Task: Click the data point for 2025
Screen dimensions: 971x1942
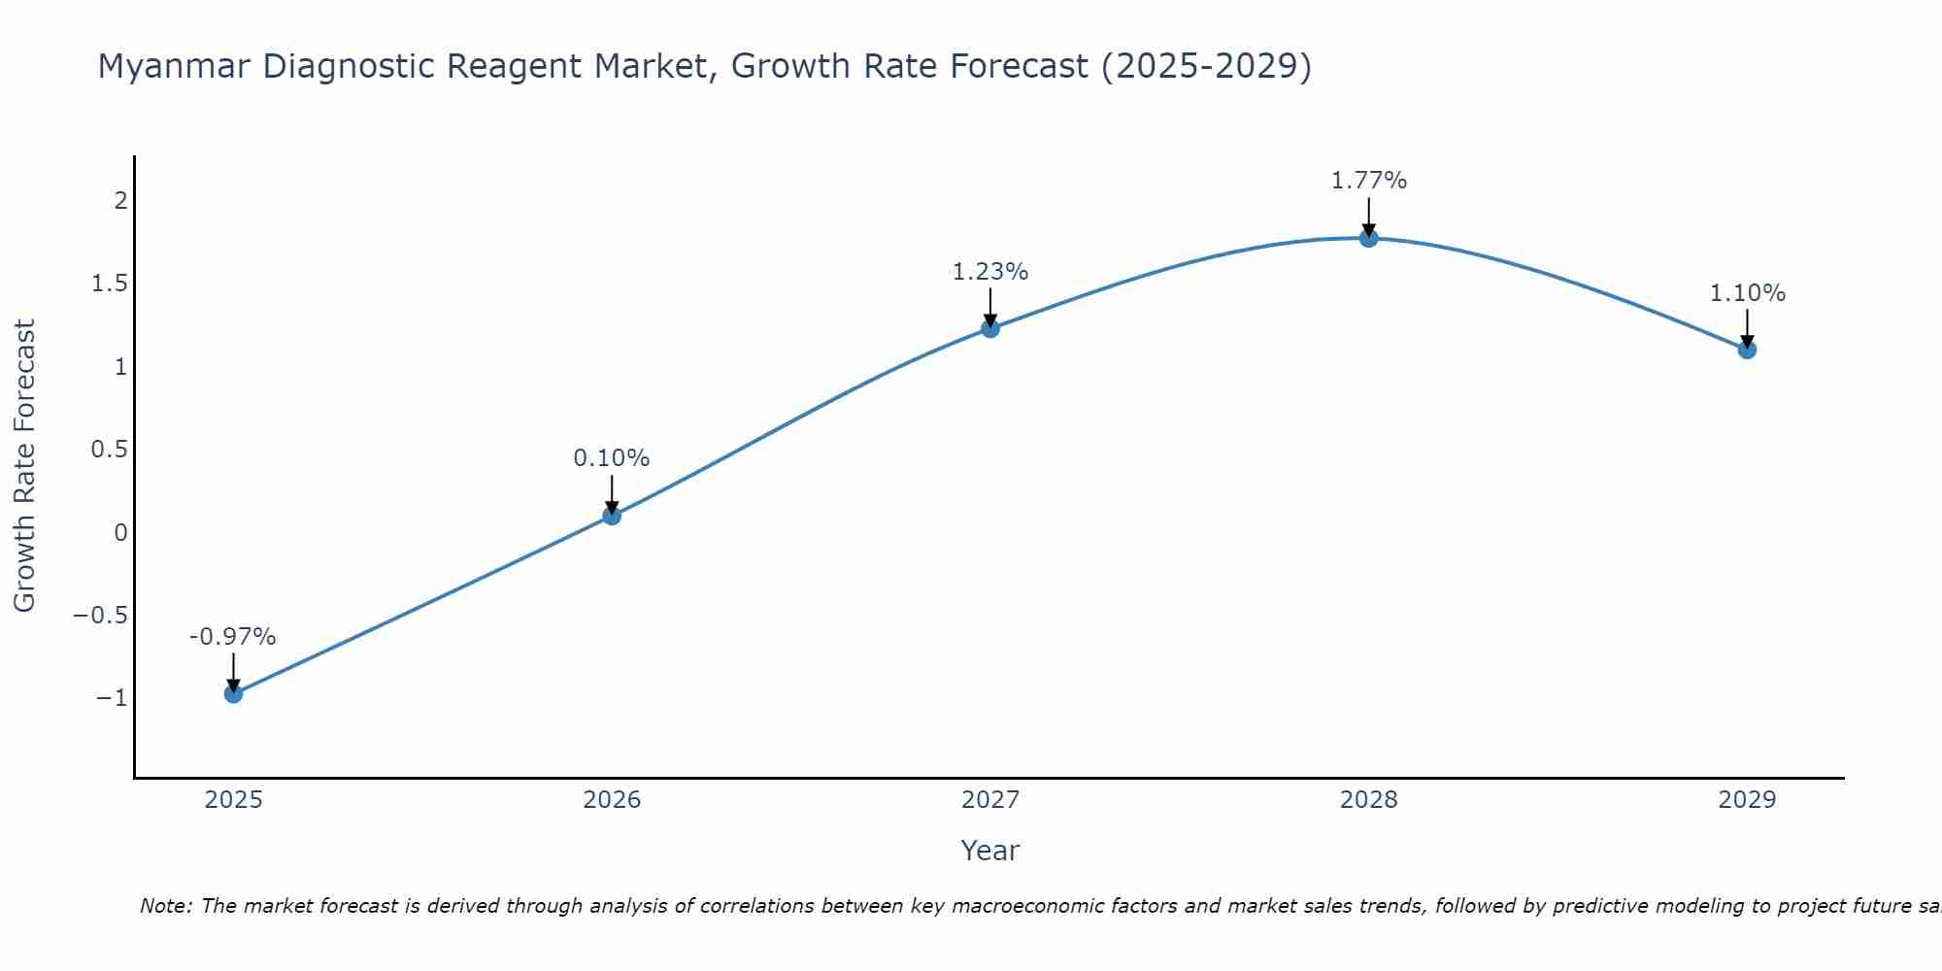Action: click(233, 693)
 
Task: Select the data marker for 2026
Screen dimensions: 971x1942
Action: click(612, 516)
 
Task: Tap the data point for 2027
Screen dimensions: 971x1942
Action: click(990, 328)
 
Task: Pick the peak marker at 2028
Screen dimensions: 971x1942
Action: click(1369, 238)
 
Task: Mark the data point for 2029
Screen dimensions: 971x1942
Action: click(1747, 350)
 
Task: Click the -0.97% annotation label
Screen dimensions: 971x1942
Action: click(233, 637)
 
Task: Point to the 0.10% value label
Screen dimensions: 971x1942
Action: click(612, 458)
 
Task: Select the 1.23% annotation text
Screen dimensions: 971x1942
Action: click(990, 272)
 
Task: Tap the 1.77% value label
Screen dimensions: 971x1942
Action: click(1369, 181)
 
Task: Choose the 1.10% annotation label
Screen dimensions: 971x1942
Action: click(1747, 293)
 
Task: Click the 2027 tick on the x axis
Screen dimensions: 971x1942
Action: click(990, 800)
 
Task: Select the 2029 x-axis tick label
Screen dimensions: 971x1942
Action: click(1747, 800)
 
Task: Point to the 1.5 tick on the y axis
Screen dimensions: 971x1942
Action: click(110, 284)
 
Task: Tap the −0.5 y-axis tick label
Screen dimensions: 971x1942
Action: click(101, 616)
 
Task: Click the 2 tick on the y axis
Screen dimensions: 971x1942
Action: click(121, 201)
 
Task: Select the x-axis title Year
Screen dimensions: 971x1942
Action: click(990, 852)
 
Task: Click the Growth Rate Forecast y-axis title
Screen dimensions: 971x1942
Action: click(25, 466)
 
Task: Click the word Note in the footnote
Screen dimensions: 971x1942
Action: click(165, 907)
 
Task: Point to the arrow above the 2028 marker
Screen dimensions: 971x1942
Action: click(1369, 216)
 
